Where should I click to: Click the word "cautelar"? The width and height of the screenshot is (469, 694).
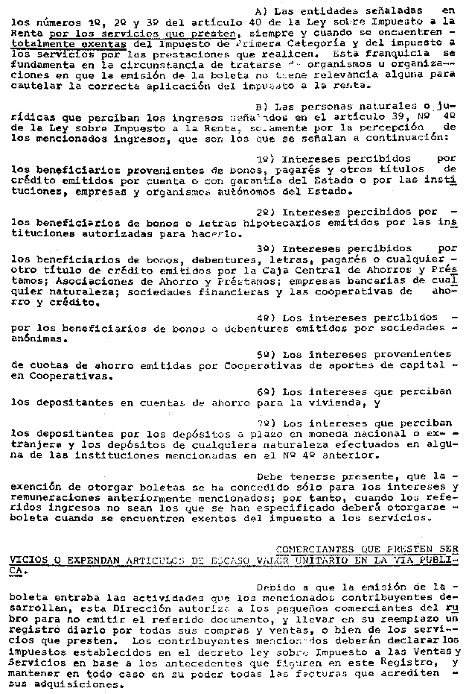[x=36, y=86]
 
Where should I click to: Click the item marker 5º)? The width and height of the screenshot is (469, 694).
[x=266, y=353]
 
